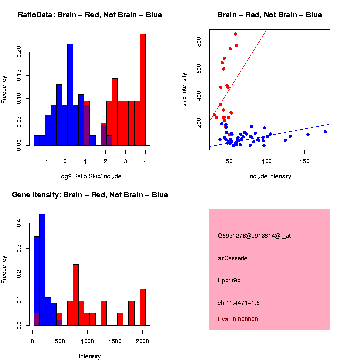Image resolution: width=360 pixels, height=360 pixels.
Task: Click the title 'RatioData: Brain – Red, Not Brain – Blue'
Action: (x=90, y=15)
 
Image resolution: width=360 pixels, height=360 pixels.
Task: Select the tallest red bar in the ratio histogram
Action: (x=143, y=90)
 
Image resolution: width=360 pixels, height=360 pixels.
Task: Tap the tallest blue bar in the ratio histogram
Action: (x=70, y=95)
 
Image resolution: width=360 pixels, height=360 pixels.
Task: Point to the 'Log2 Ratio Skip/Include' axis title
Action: (x=90, y=176)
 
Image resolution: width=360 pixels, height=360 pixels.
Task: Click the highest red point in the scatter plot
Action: (x=235, y=34)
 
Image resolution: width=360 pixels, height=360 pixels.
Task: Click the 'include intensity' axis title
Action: (x=269, y=176)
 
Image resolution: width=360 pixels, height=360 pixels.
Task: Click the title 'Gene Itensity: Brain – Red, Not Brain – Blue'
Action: (x=90, y=195)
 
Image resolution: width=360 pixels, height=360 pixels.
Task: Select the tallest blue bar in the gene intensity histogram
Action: (x=42, y=270)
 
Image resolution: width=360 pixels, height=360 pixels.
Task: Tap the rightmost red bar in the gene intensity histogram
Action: (x=143, y=307)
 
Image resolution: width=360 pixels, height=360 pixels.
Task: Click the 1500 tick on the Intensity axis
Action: (x=115, y=342)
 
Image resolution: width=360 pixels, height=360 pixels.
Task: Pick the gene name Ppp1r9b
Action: (x=230, y=280)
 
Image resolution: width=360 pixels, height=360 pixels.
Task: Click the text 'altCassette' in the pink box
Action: (x=233, y=258)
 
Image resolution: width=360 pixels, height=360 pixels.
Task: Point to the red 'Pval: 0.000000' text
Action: (x=238, y=319)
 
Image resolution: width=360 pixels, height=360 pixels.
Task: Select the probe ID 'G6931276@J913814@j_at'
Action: (x=254, y=236)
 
